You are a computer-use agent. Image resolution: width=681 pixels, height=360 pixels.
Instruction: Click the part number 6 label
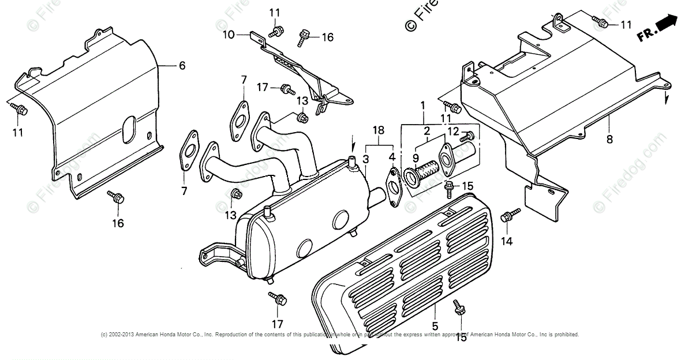click(x=182, y=66)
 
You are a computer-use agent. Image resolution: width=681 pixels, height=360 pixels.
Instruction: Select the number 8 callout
click(x=610, y=139)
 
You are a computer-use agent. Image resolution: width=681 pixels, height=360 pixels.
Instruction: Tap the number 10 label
click(x=229, y=35)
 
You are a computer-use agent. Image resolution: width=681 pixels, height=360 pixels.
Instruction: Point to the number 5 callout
click(x=435, y=310)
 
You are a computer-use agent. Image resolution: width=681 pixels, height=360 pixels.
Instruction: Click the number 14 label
click(x=507, y=241)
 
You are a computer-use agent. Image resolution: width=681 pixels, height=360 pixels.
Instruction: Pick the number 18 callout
click(x=378, y=131)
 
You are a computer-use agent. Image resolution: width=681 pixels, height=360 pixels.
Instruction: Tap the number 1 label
click(x=423, y=106)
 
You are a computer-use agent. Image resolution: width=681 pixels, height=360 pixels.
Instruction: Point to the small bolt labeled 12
click(x=468, y=136)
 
